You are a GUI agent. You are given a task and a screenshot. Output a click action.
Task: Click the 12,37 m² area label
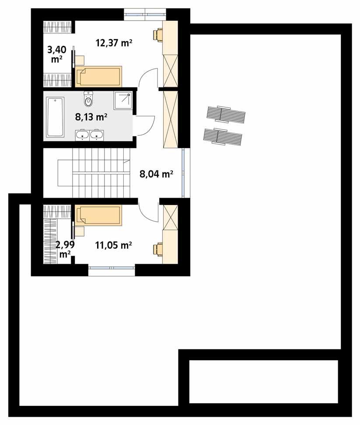click(114, 42)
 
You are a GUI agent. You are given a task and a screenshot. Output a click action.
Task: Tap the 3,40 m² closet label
click(57, 54)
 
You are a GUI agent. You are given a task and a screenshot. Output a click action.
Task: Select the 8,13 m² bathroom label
click(91, 117)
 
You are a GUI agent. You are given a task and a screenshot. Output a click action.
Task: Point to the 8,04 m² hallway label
click(157, 174)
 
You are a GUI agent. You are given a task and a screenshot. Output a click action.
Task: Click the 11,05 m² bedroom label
click(113, 245)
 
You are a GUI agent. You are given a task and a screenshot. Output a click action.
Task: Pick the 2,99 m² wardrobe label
click(65, 249)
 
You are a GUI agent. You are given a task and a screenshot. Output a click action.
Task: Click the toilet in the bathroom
click(88, 99)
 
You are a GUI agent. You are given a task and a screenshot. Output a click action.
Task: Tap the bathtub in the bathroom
click(55, 117)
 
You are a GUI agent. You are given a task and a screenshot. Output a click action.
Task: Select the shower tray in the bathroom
click(123, 101)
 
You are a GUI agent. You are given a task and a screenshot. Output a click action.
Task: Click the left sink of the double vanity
click(82, 135)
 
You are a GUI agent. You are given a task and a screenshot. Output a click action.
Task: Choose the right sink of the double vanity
click(96, 135)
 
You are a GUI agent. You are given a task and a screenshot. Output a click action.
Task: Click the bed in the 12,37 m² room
click(98, 77)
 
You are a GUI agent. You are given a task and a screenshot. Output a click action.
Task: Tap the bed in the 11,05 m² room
click(98, 216)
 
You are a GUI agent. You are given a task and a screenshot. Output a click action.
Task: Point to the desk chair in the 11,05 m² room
click(158, 249)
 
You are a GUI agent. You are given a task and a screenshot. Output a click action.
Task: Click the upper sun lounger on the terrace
click(226, 115)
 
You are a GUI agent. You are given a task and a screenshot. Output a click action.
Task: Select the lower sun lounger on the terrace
click(223, 136)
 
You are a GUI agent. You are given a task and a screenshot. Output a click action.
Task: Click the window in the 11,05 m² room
click(112, 268)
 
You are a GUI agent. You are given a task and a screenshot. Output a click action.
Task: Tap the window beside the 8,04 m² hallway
click(184, 173)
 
